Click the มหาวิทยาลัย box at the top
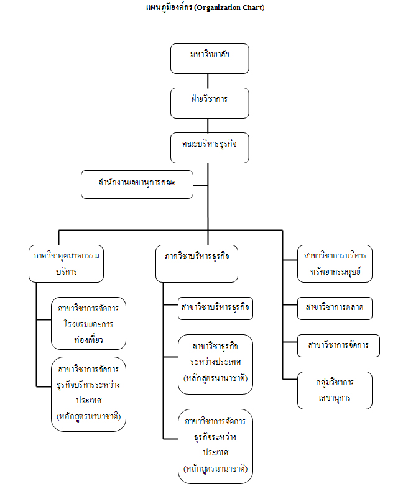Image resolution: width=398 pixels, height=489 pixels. click(210, 58)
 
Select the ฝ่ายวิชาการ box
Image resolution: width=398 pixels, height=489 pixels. click(210, 103)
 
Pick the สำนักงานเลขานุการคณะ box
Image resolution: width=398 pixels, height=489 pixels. click(137, 185)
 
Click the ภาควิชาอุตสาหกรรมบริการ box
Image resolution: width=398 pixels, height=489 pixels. click(67, 263)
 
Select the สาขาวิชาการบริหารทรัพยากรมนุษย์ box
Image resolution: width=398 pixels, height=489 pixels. click(335, 263)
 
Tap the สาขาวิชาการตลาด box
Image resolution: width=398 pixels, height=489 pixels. click(335, 307)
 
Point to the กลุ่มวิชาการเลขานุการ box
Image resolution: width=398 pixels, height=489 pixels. click(335, 390)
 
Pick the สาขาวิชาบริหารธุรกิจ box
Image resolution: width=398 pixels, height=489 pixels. click(215, 308)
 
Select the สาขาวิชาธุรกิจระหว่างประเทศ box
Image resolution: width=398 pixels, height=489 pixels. click(215, 364)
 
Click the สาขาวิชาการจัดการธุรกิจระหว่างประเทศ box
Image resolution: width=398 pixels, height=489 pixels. click(215, 446)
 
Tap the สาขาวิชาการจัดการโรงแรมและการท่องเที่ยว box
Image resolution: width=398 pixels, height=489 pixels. click(89, 324)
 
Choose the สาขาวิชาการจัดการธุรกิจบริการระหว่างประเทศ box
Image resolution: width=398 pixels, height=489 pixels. click(89, 393)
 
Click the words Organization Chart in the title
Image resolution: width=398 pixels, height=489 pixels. click(229, 8)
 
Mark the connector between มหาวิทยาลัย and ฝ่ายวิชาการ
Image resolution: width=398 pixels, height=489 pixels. click(209, 80)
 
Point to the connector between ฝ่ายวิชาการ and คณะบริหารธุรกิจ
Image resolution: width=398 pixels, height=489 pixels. click(209, 125)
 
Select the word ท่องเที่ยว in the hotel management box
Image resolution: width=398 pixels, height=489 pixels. click(88, 339)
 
